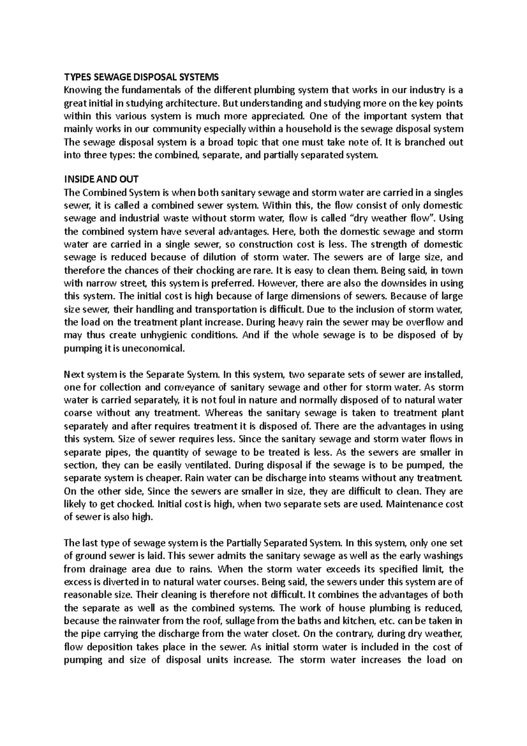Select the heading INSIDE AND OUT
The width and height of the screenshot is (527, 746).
coord(101,180)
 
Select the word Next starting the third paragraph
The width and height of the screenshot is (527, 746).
coord(73,375)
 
